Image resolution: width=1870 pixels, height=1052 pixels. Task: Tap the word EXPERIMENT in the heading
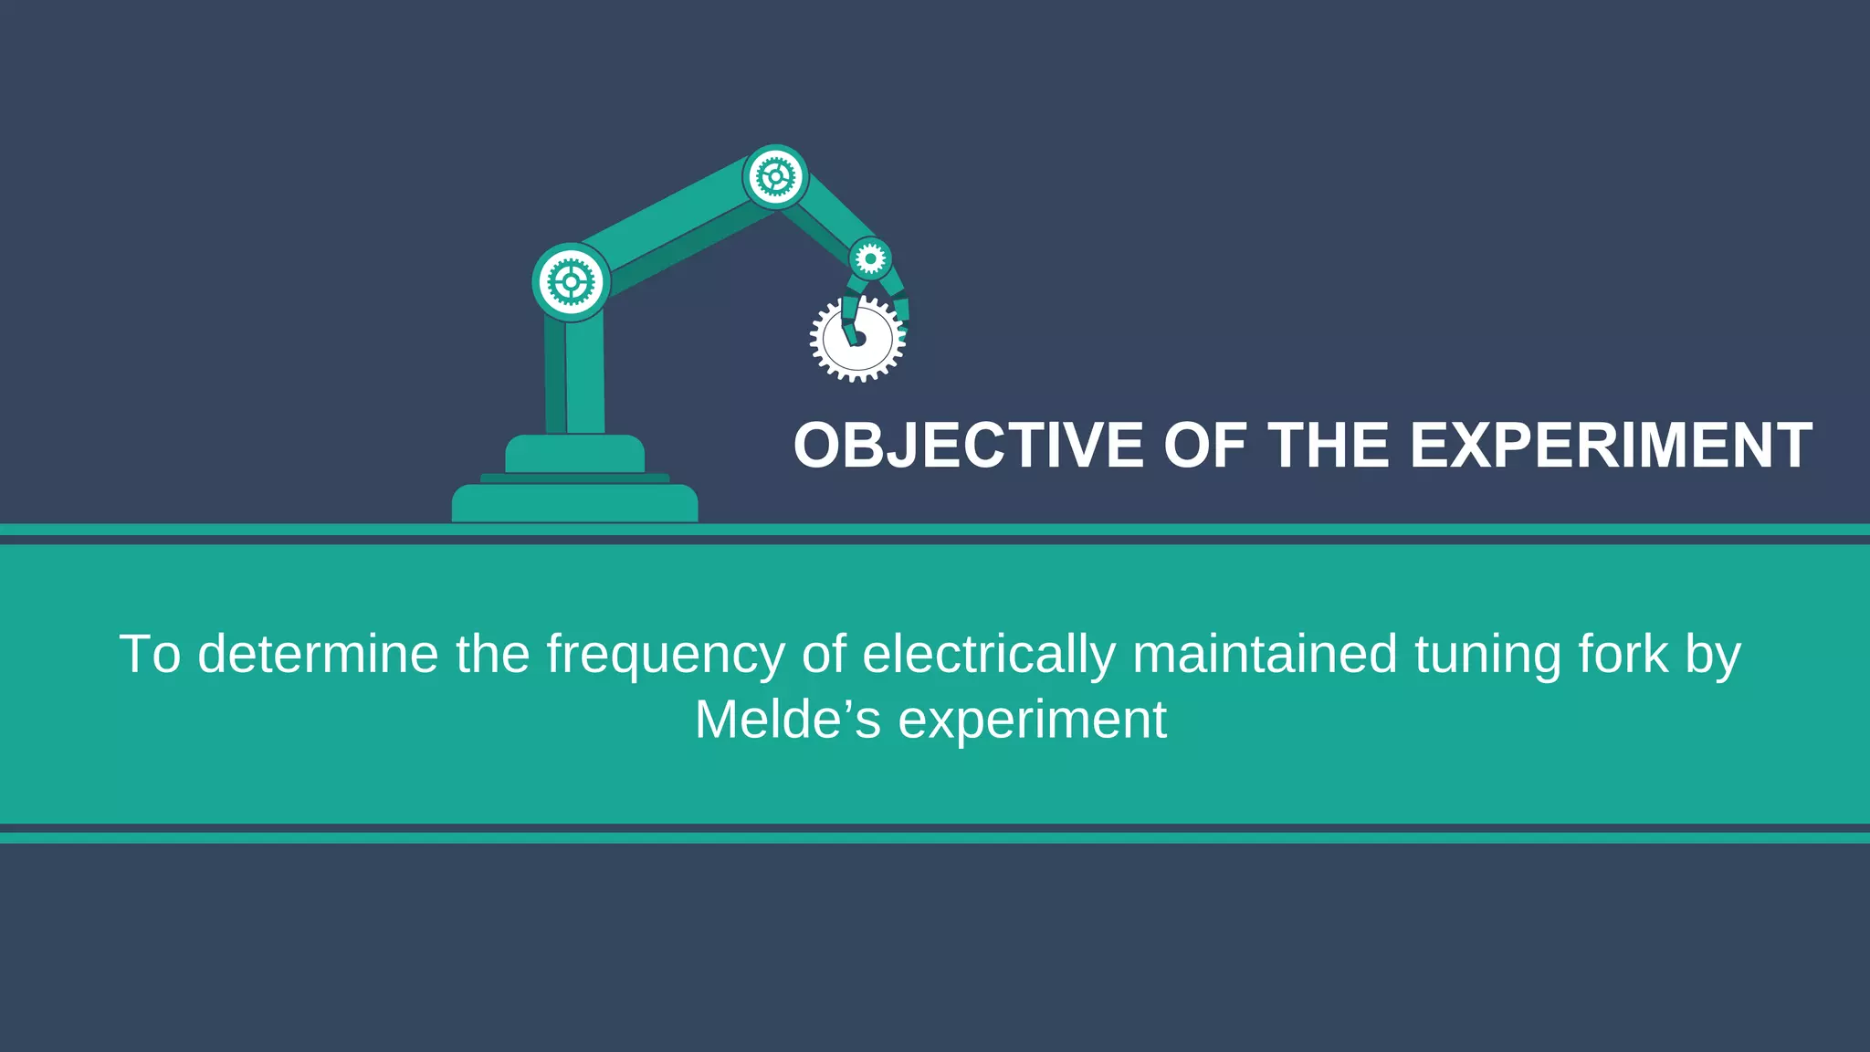click(x=1611, y=446)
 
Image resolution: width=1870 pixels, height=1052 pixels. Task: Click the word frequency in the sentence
click(x=666, y=655)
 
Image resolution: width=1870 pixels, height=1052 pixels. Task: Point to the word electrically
click(x=989, y=655)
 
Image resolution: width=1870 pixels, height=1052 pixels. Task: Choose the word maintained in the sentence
click(x=1265, y=655)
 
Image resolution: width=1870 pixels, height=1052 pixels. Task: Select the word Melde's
click(x=788, y=720)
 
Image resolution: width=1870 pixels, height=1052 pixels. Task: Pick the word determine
click(x=318, y=655)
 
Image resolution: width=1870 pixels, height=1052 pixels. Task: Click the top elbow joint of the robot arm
click(x=775, y=176)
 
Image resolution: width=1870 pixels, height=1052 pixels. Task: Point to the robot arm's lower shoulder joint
click(x=571, y=282)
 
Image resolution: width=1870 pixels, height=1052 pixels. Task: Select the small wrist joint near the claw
click(x=870, y=259)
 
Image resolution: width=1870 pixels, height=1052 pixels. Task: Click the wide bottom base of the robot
click(x=574, y=503)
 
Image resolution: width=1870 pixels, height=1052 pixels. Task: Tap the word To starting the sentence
click(x=150, y=655)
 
